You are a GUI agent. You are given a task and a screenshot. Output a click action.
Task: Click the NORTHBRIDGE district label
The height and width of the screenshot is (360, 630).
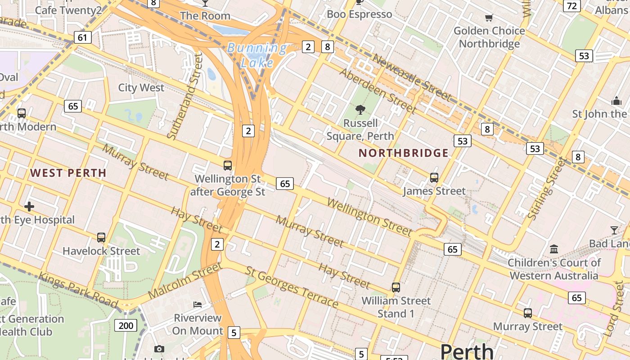click(404, 153)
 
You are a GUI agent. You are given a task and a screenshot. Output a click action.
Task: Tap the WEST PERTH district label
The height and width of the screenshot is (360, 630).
click(68, 173)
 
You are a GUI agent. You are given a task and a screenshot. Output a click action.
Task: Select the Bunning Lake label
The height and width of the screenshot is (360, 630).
click(257, 55)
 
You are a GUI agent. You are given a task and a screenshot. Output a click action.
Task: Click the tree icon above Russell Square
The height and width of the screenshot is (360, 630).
click(360, 109)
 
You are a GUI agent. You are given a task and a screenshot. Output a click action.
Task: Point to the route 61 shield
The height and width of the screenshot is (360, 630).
click(82, 37)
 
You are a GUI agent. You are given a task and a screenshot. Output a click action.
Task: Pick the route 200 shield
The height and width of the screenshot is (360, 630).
click(126, 325)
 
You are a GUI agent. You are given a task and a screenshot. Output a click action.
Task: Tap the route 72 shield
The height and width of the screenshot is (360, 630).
click(572, 6)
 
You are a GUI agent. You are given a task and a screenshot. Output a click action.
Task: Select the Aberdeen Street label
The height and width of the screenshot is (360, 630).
click(378, 90)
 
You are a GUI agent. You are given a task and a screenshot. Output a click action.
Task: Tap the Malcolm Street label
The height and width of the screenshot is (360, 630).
click(185, 280)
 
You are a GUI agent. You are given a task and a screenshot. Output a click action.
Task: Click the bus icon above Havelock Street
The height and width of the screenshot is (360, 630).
click(101, 237)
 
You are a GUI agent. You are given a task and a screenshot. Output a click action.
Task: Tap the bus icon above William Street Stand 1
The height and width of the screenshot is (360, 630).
click(396, 287)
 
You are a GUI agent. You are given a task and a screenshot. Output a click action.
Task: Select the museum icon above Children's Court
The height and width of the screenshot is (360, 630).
click(554, 249)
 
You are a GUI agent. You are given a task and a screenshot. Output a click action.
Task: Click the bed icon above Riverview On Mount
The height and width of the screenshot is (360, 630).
click(198, 304)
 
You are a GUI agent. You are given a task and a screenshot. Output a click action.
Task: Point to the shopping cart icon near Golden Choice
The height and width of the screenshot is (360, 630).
click(489, 18)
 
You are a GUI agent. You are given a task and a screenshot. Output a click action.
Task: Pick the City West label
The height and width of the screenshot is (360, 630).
click(141, 87)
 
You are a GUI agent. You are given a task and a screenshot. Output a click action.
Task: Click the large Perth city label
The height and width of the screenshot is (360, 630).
click(467, 351)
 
